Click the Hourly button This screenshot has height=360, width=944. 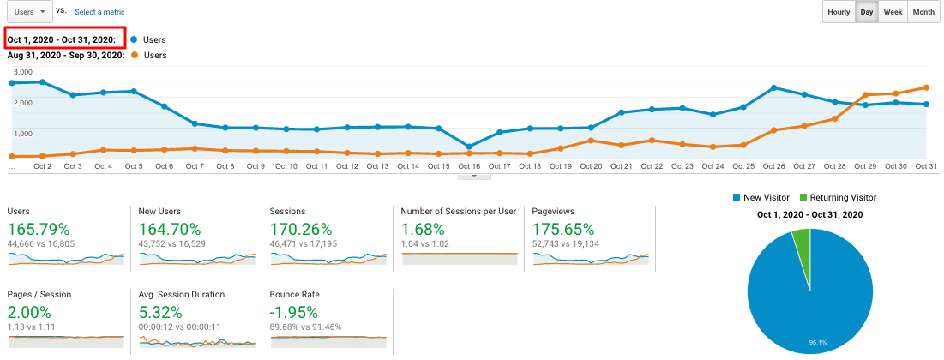(x=839, y=12)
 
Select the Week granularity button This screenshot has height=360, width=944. (x=893, y=12)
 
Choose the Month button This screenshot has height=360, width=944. (x=923, y=12)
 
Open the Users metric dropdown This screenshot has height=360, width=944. (x=27, y=12)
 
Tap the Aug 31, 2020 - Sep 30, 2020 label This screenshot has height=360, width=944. (x=66, y=55)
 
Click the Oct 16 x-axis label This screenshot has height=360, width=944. (x=468, y=166)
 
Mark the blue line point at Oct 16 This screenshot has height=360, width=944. (x=468, y=147)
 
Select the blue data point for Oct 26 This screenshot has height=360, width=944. (x=774, y=87)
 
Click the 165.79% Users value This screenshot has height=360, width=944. (x=44, y=230)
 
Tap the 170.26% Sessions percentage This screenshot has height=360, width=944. (x=307, y=230)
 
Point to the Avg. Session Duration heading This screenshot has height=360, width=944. (x=181, y=294)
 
